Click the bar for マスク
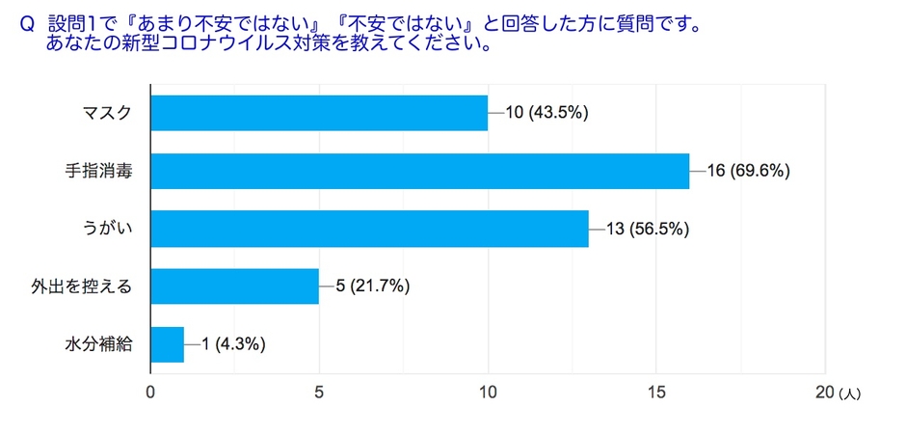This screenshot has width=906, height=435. tap(319, 113)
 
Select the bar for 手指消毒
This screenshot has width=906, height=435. tap(420, 171)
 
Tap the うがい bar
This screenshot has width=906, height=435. tap(369, 229)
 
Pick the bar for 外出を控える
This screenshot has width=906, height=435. tap(235, 286)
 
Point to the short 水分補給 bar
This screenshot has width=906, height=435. tap(168, 344)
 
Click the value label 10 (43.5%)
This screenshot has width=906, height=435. tap(546, 113)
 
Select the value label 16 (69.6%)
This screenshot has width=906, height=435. tap(749, 171)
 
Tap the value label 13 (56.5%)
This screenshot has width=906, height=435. tap(648, 229)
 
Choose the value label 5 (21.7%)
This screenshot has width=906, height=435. tap(374, 286)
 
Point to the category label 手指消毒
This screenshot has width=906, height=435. tap(97, 171)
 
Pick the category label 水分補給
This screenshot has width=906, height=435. tap(97, 344)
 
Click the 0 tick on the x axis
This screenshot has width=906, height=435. tap(150, 394)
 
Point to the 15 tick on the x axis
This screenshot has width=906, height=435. tap(656, 394)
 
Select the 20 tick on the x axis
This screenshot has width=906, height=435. tap(824, 394)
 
